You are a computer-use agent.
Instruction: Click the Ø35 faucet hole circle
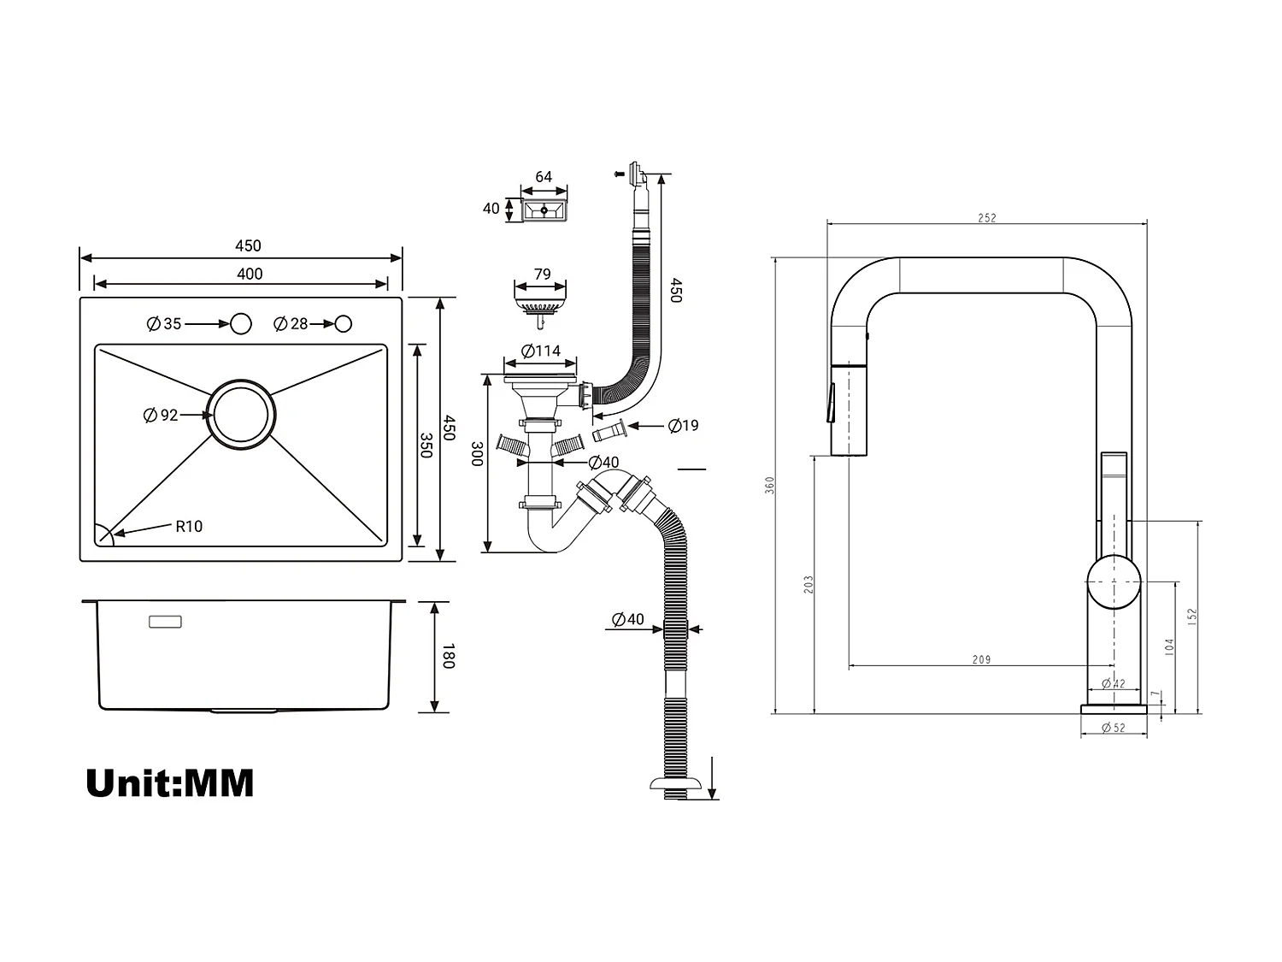coord(241,324)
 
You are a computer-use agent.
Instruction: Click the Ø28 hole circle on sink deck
coord(343,324)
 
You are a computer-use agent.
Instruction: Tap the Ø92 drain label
coord(162,416)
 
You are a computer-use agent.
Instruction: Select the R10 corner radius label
coord(189,527)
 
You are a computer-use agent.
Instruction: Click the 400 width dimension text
coord(250,274)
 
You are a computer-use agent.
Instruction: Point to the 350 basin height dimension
coord(426,445)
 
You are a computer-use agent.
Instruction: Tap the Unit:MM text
coord(170,783)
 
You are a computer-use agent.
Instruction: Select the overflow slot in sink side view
coord(165,622)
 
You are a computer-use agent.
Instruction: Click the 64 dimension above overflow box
coord(544,177)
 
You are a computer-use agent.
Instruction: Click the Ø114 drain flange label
coord(541,351)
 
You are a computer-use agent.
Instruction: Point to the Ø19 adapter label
coord(683,425)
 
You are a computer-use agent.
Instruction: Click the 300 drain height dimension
coord(477,454)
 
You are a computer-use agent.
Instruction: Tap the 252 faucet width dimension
coord(986,218)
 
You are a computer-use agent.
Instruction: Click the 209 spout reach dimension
coord(981,659)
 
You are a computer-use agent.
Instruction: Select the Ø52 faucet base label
coord(1113,728)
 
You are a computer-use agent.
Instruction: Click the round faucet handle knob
coord(1114,581)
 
